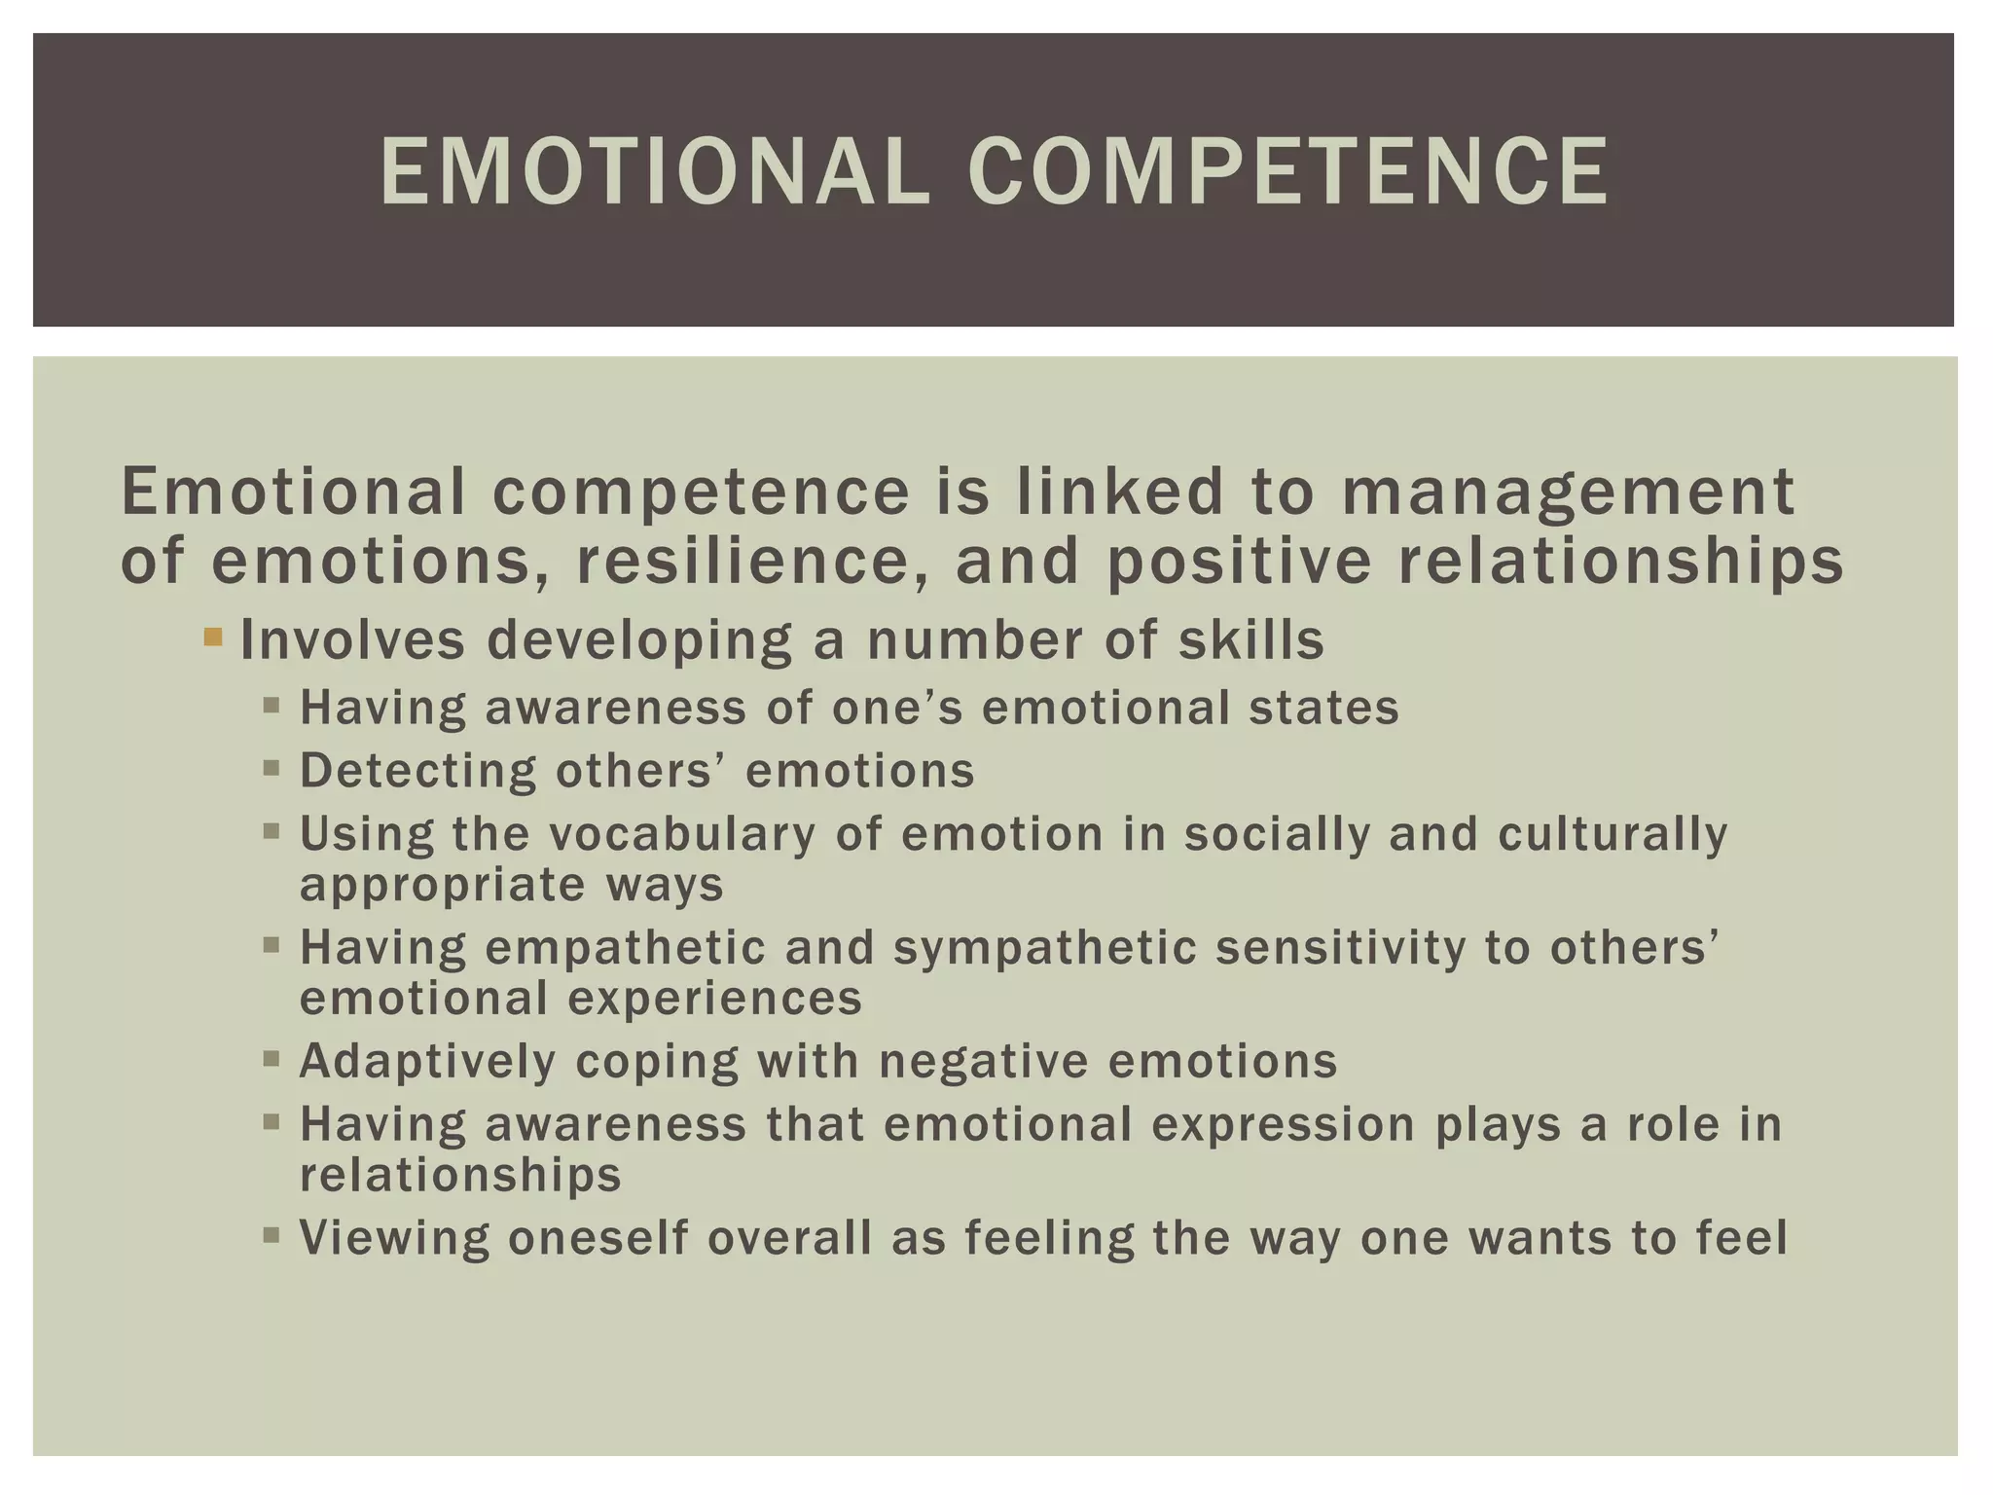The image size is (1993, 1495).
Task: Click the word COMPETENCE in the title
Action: [1288, 172]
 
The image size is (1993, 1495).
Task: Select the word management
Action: [1568, 492]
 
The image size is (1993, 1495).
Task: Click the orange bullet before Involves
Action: [213, 638]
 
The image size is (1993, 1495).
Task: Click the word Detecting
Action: [417, 771]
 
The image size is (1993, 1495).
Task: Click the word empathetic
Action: [626, 948]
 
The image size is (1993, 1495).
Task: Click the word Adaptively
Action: [427, 1061]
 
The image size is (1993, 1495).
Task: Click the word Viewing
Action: [394, 1238]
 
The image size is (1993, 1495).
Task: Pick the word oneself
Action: [598, 1238]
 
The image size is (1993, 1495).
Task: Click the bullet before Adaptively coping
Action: [272, 1058]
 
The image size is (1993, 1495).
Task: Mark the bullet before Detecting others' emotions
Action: [272, 768]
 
